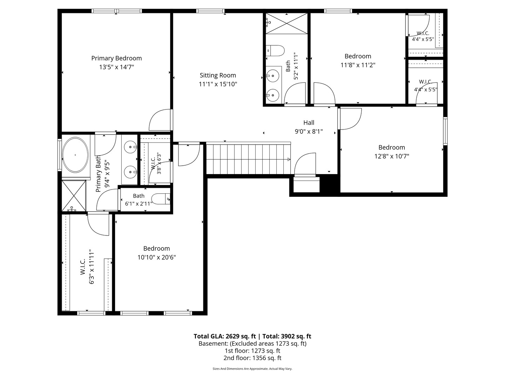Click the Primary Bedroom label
[116, 58]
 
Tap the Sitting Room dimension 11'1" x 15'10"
[218, 84]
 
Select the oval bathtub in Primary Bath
[75, 155]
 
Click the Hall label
[309, 123]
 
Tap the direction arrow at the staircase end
[289, 159]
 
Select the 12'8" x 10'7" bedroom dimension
[392, 156]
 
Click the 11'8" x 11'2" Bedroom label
[358, 56]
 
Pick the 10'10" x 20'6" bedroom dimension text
[157, 257]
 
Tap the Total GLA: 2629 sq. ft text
[224, 337]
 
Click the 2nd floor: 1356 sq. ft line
[252, 358]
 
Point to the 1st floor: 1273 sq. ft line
[252, 351]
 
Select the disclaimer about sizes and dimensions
[252, 369]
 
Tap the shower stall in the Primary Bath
[74, 195]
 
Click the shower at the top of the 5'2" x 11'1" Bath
[287, 24]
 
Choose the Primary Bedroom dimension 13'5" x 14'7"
[116, 67]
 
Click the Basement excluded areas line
[252, 344]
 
